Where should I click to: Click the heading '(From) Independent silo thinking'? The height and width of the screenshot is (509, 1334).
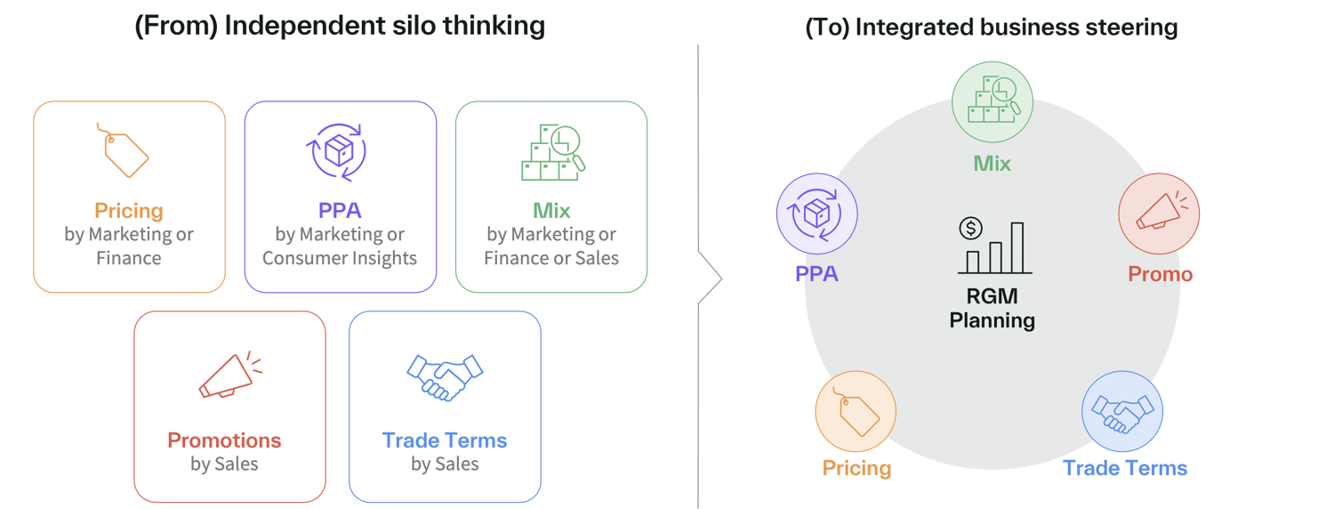[339, 26]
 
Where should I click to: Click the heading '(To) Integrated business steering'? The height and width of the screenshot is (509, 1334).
[991, 28]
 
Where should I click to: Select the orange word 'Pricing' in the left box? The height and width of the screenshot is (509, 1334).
[129, 211]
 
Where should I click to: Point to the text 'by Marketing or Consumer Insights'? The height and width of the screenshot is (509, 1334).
[340, 246]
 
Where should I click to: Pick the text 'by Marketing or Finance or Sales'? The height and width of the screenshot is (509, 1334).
[551, 246]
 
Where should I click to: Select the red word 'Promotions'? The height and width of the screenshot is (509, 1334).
[224, 440]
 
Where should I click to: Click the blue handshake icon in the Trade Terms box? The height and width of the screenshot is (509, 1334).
[445, 377]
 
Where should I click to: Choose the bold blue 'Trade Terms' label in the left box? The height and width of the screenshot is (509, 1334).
[445, 440]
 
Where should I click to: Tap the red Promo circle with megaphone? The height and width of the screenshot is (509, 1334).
[1158, 214]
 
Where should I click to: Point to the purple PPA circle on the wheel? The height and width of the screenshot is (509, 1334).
[816, 214]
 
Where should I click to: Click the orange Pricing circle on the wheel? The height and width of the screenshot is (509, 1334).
[856, 411]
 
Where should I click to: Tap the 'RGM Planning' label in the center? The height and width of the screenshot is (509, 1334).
[992, 309]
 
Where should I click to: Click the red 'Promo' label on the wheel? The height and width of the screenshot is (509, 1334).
[1160, 274]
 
